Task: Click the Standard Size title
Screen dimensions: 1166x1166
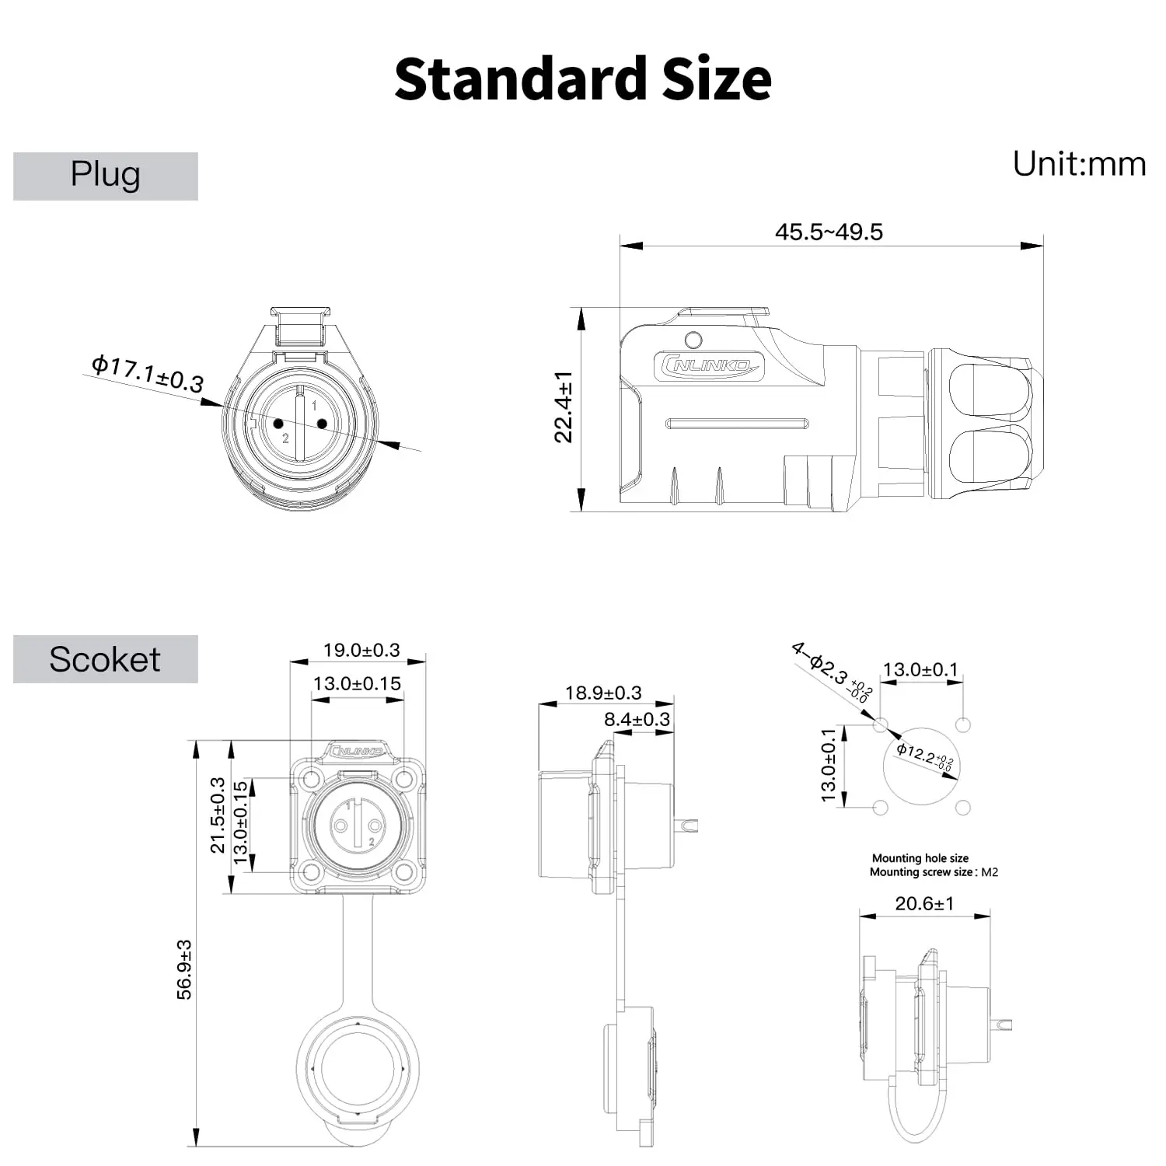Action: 583,79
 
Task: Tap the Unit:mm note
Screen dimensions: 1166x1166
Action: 1079,164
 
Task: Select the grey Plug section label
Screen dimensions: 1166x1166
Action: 106,176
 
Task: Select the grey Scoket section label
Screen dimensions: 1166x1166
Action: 106,659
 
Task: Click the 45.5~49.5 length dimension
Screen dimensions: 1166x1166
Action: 829,232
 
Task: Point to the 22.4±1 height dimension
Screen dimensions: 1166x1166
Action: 564,407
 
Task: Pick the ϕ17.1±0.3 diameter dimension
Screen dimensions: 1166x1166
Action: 148,374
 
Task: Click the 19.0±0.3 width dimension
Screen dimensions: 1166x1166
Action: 361,650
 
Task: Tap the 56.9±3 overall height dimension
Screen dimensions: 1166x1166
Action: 184,969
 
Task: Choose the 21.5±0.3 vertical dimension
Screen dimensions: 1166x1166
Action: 218,815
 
